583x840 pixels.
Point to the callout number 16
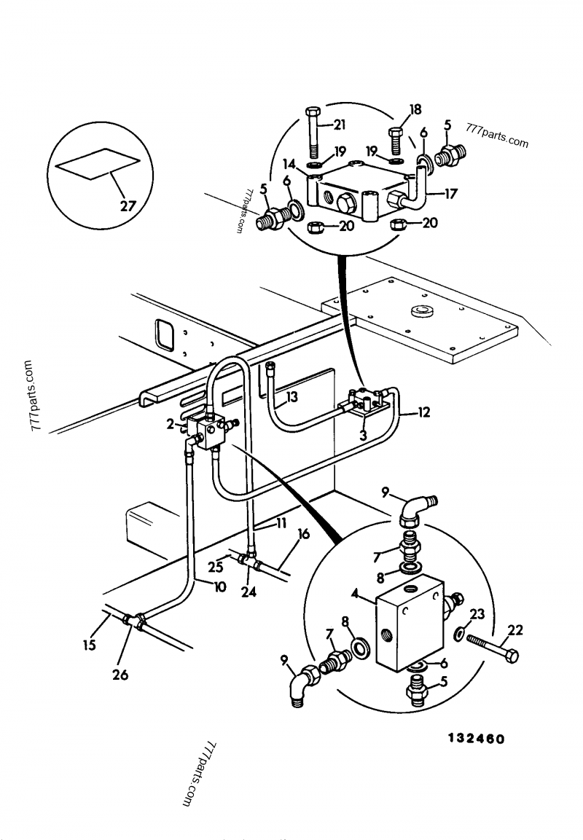point(303,534)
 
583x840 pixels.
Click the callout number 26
point(120,675)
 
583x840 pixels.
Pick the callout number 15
point(90,645)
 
